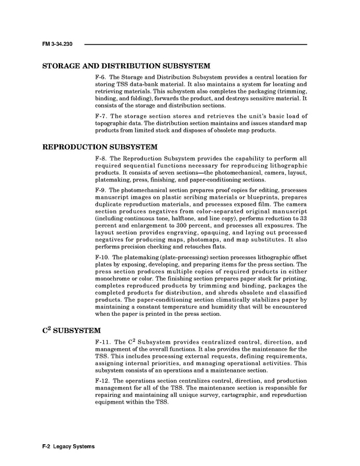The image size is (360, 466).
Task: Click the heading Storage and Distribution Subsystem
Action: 126,66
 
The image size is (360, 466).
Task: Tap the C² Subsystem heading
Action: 71,330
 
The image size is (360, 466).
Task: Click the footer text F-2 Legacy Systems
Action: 69,447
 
